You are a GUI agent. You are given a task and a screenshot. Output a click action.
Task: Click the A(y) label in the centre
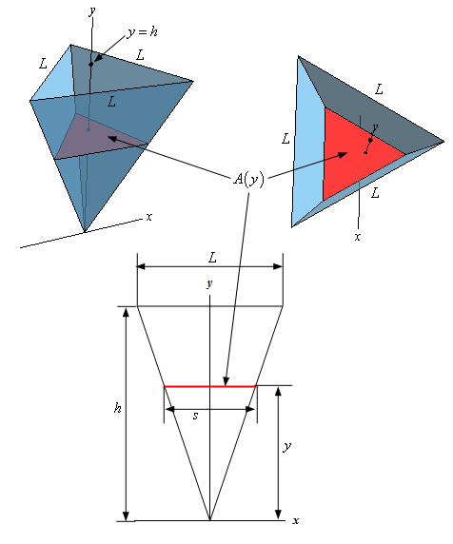coord(248,180)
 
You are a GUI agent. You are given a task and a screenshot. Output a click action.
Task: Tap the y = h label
coord(142,32)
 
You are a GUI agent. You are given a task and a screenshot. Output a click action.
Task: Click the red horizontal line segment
coord(210,386)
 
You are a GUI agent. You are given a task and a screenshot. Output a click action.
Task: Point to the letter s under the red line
coord(195,416)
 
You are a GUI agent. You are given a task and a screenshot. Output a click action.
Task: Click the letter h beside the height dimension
coord(118,408)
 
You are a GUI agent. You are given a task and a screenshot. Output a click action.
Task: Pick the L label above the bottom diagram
coord(212,258)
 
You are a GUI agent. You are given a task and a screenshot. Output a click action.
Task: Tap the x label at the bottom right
coord(295,520)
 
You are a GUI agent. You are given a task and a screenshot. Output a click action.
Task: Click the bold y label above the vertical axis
coord(209,284)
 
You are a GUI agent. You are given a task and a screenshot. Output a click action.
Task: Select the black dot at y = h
coord(91,64)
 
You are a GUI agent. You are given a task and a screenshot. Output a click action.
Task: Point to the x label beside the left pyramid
coord(149,217)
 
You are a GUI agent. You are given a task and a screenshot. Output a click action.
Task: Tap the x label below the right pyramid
coord(358,237)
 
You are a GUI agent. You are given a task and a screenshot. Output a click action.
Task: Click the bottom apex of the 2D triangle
coord(209,520)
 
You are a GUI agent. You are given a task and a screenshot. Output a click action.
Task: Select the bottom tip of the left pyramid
coord(85,231)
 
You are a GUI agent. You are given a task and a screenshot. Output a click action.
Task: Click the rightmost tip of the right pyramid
coord(444,141)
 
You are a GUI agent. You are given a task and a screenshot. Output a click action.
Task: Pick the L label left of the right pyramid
coord(286,139)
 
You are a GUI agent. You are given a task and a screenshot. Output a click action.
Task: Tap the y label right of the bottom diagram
coord(286,446)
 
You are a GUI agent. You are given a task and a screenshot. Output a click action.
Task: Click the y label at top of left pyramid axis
coord(92,11)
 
